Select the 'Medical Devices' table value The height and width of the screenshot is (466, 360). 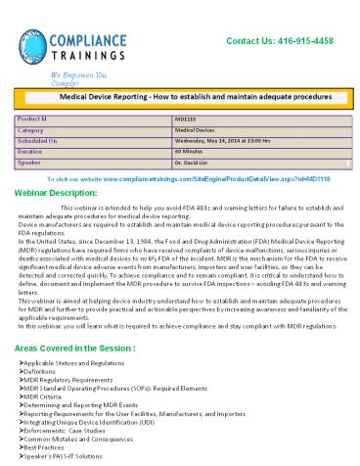click(x=181, y=128)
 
